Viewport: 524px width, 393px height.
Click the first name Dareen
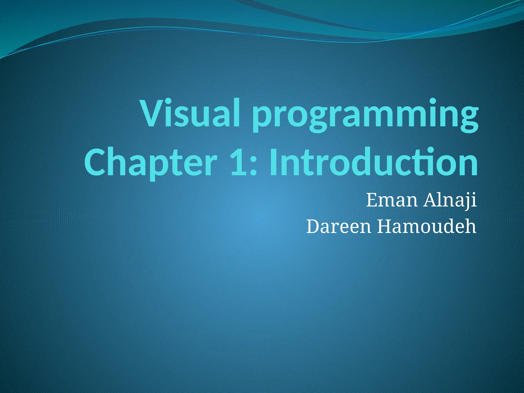[x=339, y=226]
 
